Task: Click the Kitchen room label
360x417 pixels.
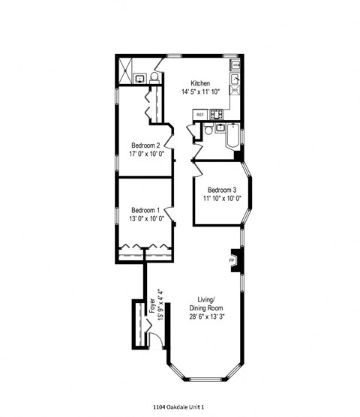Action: (x=200, y=83)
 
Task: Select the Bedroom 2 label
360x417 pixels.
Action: (x=145, y=145)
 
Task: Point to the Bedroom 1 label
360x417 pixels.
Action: (x=145, y=209)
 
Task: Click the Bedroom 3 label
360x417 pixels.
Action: (x=222, y=189)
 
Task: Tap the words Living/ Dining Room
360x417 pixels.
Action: (x=202, y=302)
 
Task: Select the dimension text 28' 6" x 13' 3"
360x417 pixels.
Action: (x=202, y=316)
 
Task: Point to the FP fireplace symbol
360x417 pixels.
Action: (x=232, y=260)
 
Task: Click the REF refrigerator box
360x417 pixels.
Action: (x=200, y=115)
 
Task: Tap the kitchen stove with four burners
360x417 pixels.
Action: (x=217, y=115)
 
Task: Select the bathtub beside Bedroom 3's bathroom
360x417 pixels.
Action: (x=232, y=138)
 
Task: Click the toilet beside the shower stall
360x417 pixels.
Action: (x=154, y=76)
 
